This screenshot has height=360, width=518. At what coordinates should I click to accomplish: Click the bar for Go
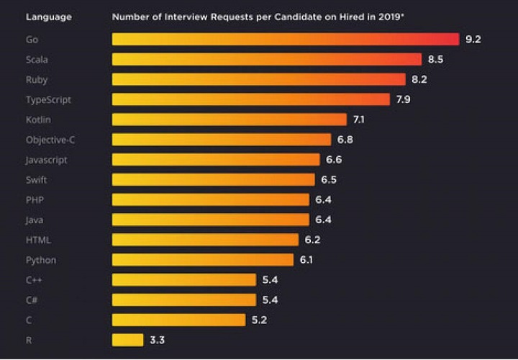(286, 39)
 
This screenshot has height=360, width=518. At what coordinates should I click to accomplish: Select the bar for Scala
(267, 59)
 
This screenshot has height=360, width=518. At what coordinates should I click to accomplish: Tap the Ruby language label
(37, 79)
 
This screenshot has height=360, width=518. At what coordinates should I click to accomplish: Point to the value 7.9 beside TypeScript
(403, 99)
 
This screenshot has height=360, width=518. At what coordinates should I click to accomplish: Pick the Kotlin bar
(230, 120)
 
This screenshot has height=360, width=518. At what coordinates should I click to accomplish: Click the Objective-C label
(50, 140)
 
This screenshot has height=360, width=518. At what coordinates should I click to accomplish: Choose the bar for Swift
(214, 179)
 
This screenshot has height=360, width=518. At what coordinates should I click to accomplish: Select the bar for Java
(211, 220)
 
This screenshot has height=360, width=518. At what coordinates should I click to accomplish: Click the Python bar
(203, 260)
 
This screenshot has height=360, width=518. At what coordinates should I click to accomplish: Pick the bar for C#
(184, 300)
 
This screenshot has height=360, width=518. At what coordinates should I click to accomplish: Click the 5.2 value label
(259, 320)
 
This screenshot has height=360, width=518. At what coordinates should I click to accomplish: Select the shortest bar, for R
(128, 340)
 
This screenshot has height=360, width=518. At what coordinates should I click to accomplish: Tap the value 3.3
(157, 340)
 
